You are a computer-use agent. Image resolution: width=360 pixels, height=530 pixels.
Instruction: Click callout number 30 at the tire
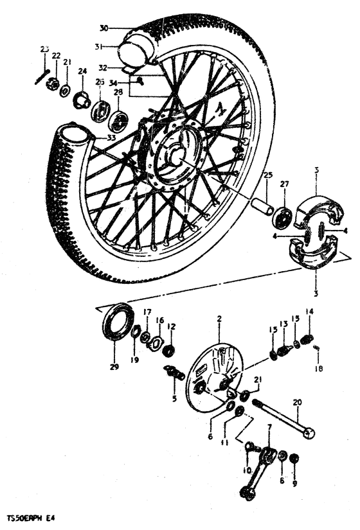105,28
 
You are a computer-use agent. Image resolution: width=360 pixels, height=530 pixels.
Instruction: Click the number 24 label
82,71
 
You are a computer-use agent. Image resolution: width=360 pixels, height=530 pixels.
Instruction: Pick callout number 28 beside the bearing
118,92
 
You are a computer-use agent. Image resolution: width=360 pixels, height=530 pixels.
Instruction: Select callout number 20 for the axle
296,403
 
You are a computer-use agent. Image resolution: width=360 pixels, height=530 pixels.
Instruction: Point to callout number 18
319,369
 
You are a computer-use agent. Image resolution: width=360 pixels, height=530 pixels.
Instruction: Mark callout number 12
170,326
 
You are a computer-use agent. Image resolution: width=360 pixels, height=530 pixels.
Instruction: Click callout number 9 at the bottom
295,485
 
